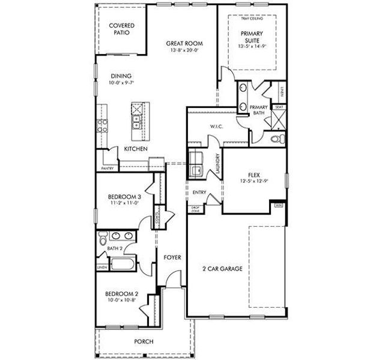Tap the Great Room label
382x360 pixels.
(184, 43)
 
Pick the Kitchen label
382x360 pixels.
(136, 149)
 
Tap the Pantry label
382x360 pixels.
(108, 169)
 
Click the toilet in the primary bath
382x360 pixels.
(276, 139)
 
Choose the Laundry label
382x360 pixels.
(216, 167)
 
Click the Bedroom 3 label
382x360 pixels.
(125, 196)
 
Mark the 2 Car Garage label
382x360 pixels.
(222, 269)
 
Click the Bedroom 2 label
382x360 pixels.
(122, 294)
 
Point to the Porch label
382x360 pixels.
(143, 341)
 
